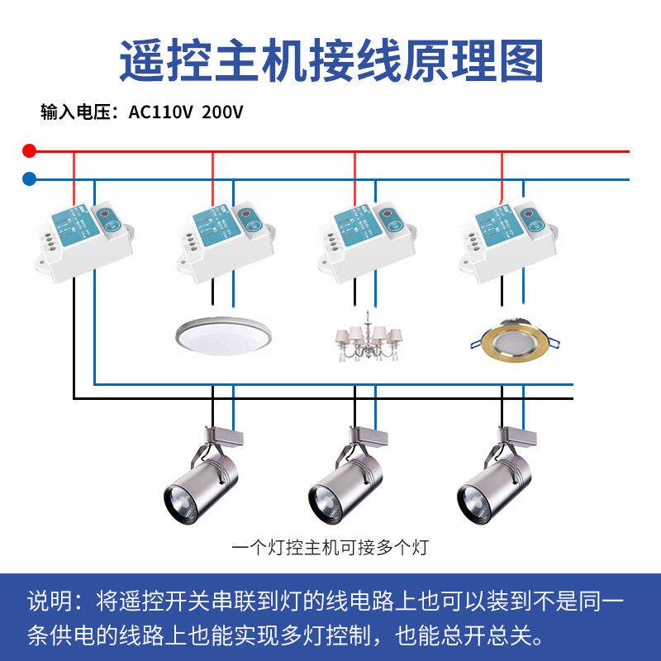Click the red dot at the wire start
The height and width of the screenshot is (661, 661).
[30, 151]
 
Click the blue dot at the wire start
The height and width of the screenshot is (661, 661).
[30, 178]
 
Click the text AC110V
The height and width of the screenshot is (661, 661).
[160, 112]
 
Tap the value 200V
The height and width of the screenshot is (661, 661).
[222, 112]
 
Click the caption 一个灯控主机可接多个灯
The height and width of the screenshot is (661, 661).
[330, 546]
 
